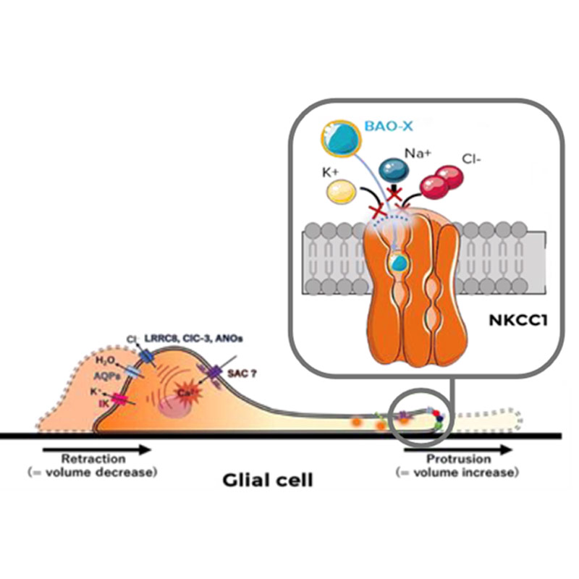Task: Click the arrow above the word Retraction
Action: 98,449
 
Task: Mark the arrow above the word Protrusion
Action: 457,449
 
